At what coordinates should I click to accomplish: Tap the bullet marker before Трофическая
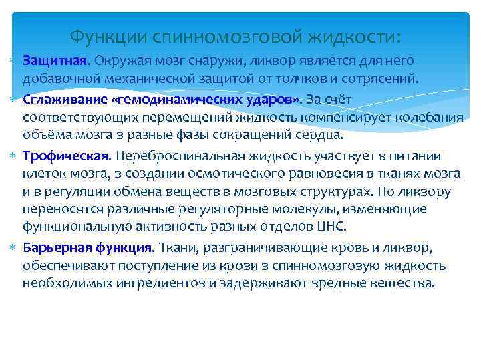[13, 156]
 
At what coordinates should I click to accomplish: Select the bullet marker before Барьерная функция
[13, 248]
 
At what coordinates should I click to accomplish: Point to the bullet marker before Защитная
[13, 61]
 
